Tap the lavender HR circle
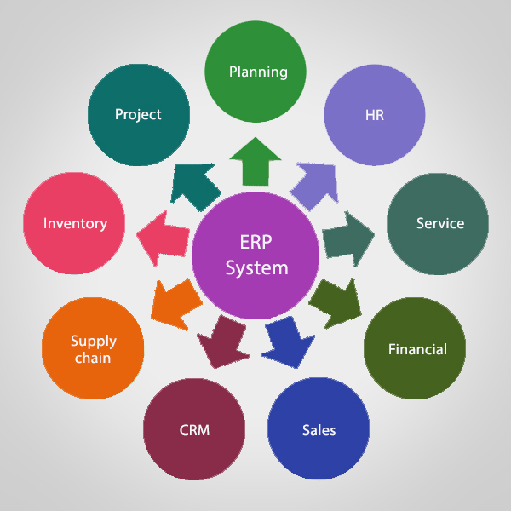click(375, 115)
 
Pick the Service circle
click(438, 223)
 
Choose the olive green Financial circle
click(416, 348)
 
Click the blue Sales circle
click(319, 428)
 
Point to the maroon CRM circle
click(194, 428)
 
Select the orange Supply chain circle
click(93, 348)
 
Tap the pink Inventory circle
click(75, 223)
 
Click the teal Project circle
click(138, 115)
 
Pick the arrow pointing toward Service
click(347, 235)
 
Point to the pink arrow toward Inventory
click(164, 236)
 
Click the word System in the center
click(256, 267)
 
